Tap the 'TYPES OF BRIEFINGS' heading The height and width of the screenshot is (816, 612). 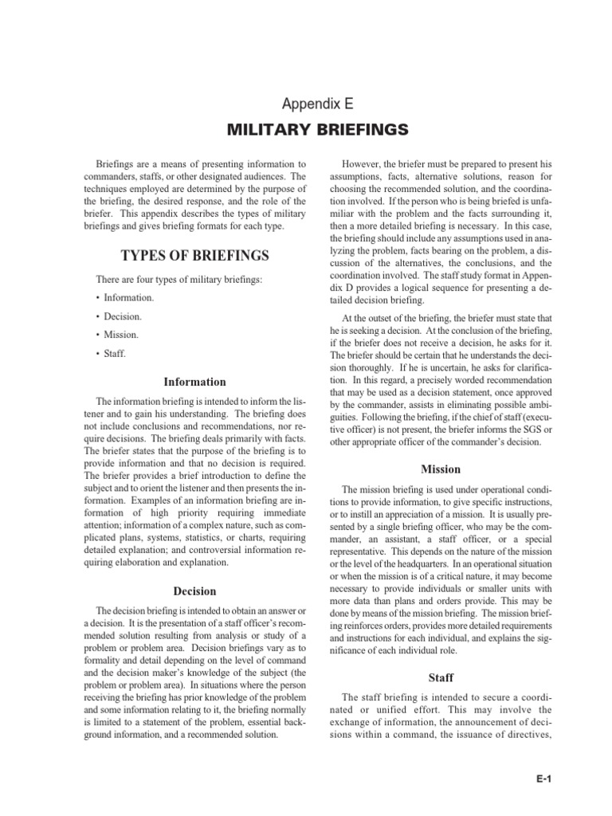[x=194, y=256]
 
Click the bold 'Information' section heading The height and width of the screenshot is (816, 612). [x=194, y=382]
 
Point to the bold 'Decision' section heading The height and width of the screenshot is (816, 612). [x=194, y=590]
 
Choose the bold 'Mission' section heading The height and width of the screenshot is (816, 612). [x=441, y=469]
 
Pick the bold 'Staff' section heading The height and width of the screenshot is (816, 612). [x=441, y=678]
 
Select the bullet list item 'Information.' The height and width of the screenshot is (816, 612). [x=127, y=298]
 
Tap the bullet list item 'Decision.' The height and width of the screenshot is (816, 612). [x=124, y=316]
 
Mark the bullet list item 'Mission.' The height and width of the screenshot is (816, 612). [x=122, y=335]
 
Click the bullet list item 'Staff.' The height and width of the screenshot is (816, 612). [x=116, y=353]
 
